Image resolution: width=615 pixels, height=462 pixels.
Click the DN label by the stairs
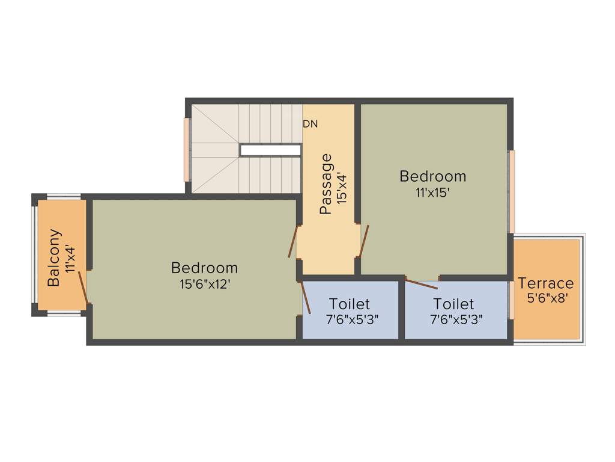pyautogui.click(x=310, y=125)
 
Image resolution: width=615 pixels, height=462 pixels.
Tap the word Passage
pyautogui.click(x=326, y=185)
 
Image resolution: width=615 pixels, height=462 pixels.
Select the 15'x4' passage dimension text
pyautogui.click(x=341, y=188)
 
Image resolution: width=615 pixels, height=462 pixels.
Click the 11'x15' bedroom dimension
pyautogui.click(x=432, y=192)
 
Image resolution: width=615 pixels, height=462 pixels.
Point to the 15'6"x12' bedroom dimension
pyautogui.click(x=205, y=284)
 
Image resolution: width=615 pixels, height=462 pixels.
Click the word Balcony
pyautogui.click(x=54, y=257)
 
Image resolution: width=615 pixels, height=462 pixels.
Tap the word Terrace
pyautogui.click(x=546, y=283)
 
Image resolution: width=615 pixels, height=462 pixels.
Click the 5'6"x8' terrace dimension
pyautogui.click(x=547, y=298)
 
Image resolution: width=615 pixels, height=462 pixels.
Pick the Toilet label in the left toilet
pyautogui.click(x=350, y=304)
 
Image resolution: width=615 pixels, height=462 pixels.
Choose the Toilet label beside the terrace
pyautogui.click(x=453, y=304)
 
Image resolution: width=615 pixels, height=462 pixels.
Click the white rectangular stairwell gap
pyautogui.click(x=270, y=150)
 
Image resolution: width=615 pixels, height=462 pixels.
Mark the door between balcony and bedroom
pyautogui.click(x=84, y=288)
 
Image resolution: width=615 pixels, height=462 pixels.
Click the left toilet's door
pyautogui.click(x=305, y=297)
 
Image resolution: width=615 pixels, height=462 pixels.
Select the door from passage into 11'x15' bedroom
pyautogui.click(x=364, y=240)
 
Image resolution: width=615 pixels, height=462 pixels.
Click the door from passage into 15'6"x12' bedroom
pyautogui.click(x=293, y=241)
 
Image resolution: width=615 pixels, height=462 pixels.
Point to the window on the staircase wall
pyautogui.click(x=187, y=150)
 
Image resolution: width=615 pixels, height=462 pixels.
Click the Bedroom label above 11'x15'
pyautogui.click(x=432, y=176)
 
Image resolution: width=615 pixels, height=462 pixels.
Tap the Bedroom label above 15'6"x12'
pyautogui.click(x=204, y=268)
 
